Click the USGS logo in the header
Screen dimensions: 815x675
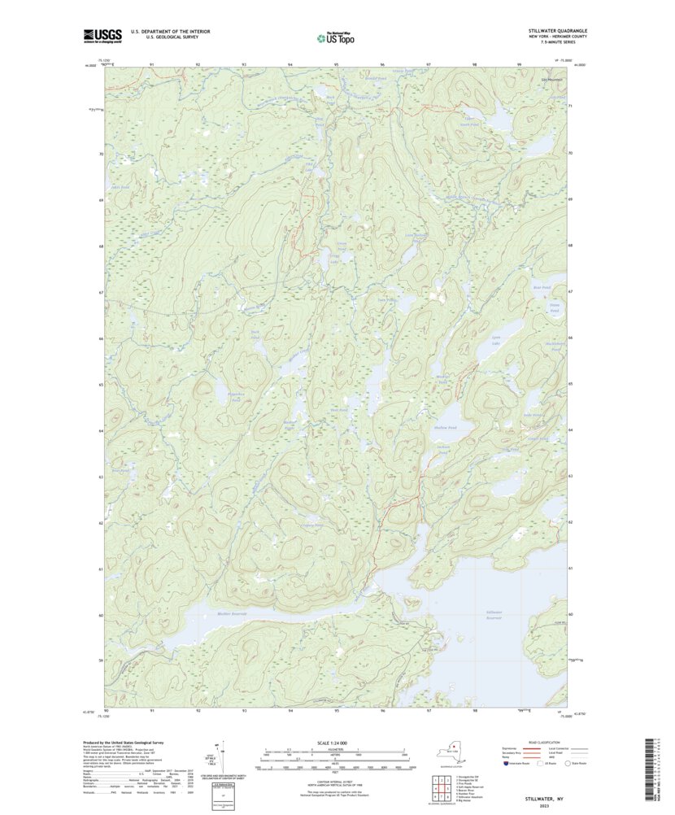(x=102, y=35)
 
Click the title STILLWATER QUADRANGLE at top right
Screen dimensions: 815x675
(x=557, y=30)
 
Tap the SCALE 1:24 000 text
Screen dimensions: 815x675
(x=335, y=743)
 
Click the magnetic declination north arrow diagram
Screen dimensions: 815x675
(x=217, y=756)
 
